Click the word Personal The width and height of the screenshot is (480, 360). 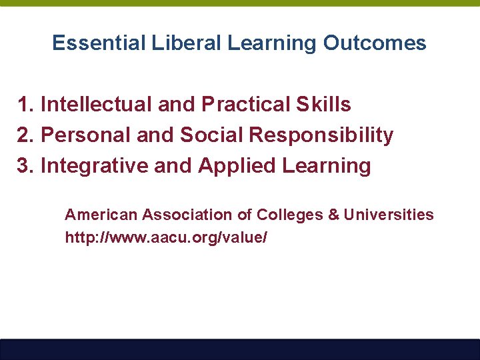click(x=86, y=135)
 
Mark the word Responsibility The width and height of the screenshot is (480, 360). click(x=321, y=135)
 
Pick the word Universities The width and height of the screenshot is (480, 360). click(x=389, y=215)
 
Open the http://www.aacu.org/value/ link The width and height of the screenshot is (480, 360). click(x=166, y=237)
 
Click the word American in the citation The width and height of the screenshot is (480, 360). click(x=101, y=215)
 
